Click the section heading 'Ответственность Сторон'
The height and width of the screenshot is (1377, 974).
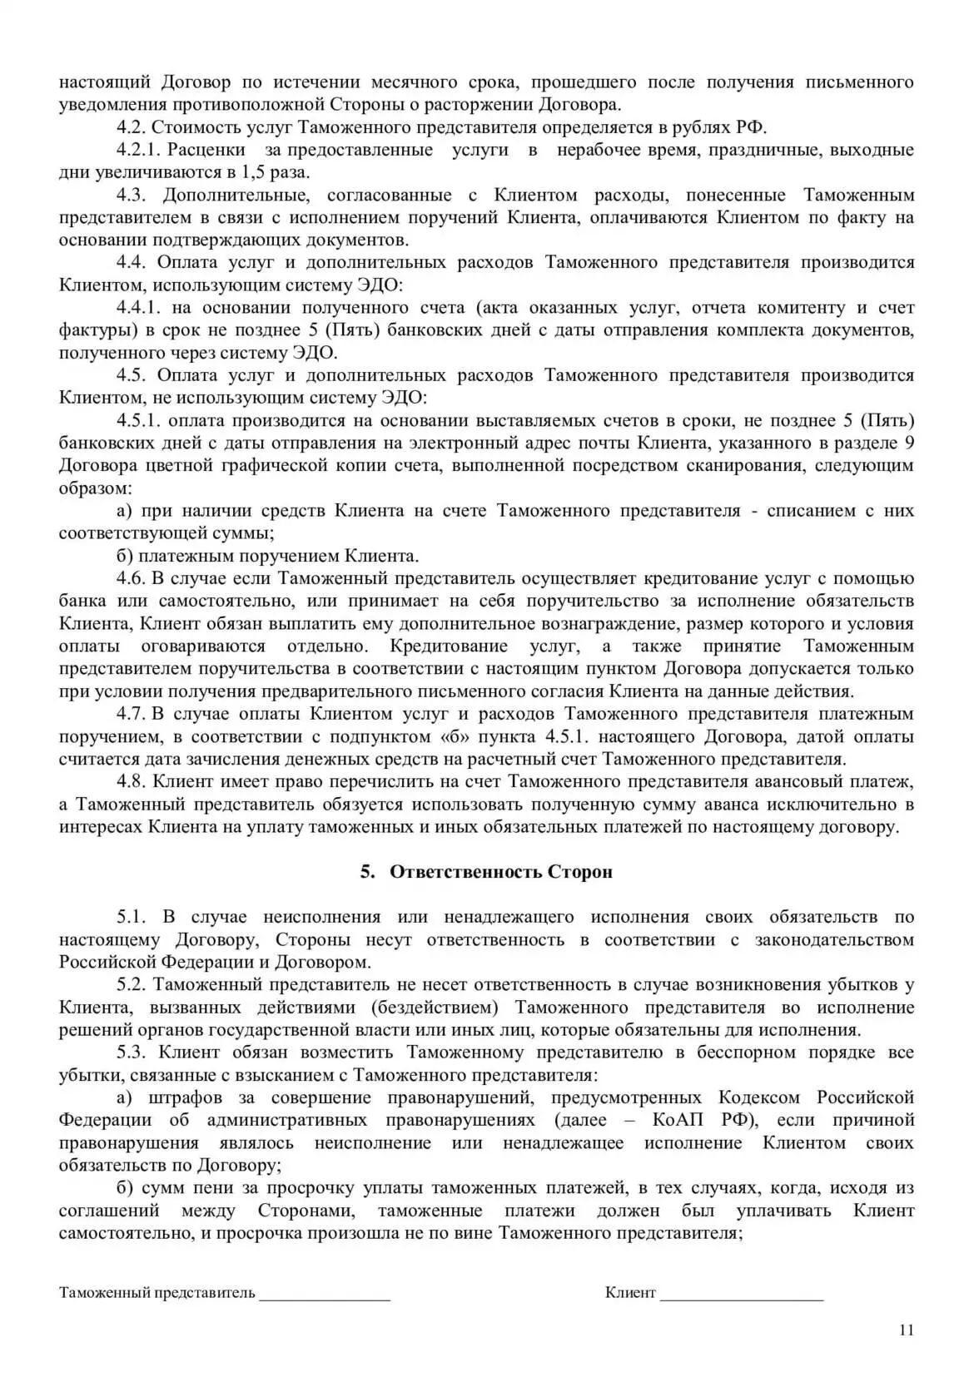click(x=500, y=871)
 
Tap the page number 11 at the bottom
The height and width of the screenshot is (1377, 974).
click(x=907, y=1330)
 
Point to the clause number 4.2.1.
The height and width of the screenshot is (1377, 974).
click(x=137, y=150)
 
